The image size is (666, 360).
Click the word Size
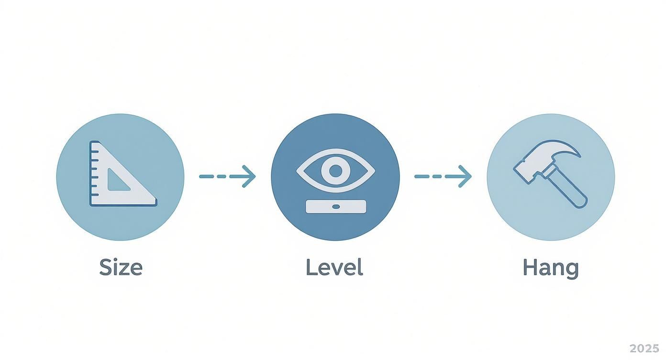(121, 267)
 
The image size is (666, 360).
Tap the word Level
(334, 267)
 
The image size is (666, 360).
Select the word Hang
(551, 269)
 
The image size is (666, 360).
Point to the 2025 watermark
(644, 349)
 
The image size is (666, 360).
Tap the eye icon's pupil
(336, 171)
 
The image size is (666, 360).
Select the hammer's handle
(565, 188)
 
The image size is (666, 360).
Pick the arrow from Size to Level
(227, 176)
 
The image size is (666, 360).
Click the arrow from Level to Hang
(443, 176)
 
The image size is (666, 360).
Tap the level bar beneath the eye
(336, 206)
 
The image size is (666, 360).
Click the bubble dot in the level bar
(336, 206)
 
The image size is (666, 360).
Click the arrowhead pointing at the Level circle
(250, 176)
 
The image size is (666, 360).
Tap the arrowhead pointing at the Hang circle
(466, 176)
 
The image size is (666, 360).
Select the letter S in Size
(106, 267)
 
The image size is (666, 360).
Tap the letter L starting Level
(311, 267)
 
